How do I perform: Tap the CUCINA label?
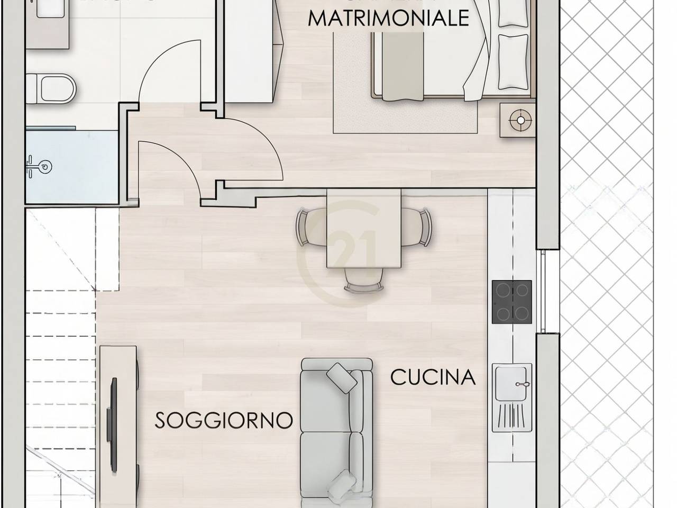tap(433, 377)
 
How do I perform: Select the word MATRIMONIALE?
tap(389, 19)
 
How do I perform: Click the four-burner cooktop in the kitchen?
tap(512, 302)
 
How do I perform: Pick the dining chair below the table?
tap(364, 285)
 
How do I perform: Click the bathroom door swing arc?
tap(169, 63)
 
